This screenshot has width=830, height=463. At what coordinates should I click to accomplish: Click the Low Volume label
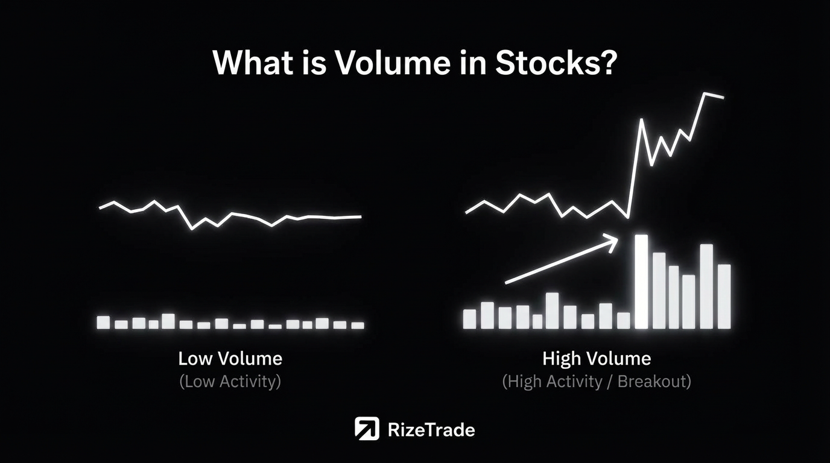coord(230,359)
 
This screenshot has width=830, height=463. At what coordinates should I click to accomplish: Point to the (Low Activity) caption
coord(230,382)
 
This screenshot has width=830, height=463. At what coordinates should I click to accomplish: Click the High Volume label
coord(597,359)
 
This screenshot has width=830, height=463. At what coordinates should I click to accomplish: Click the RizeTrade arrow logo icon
coord(367,429)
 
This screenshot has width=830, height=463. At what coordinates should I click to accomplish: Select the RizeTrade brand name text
coord(431,430)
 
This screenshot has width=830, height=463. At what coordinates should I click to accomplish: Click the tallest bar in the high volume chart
coord(641,282)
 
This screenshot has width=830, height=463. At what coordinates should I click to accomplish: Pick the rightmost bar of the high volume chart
coord(724,297)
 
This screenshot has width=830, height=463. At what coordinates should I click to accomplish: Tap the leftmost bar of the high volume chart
coord(469,319)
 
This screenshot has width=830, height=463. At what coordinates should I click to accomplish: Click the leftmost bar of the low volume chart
coord(103,323)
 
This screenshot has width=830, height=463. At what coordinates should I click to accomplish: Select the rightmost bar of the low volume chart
coord(358,326)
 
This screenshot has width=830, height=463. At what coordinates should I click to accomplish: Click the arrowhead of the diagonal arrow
coord(613,242)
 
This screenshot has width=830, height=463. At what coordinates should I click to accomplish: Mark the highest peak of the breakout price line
coord(705,93)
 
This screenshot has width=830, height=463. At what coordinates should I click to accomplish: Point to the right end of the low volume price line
coord(361,217)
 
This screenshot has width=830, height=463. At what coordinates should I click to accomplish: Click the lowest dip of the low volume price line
coord(192,228)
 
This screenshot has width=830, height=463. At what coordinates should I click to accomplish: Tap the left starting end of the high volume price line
coord(466,213)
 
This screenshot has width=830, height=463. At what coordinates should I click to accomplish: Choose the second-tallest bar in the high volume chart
coord(706,286)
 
